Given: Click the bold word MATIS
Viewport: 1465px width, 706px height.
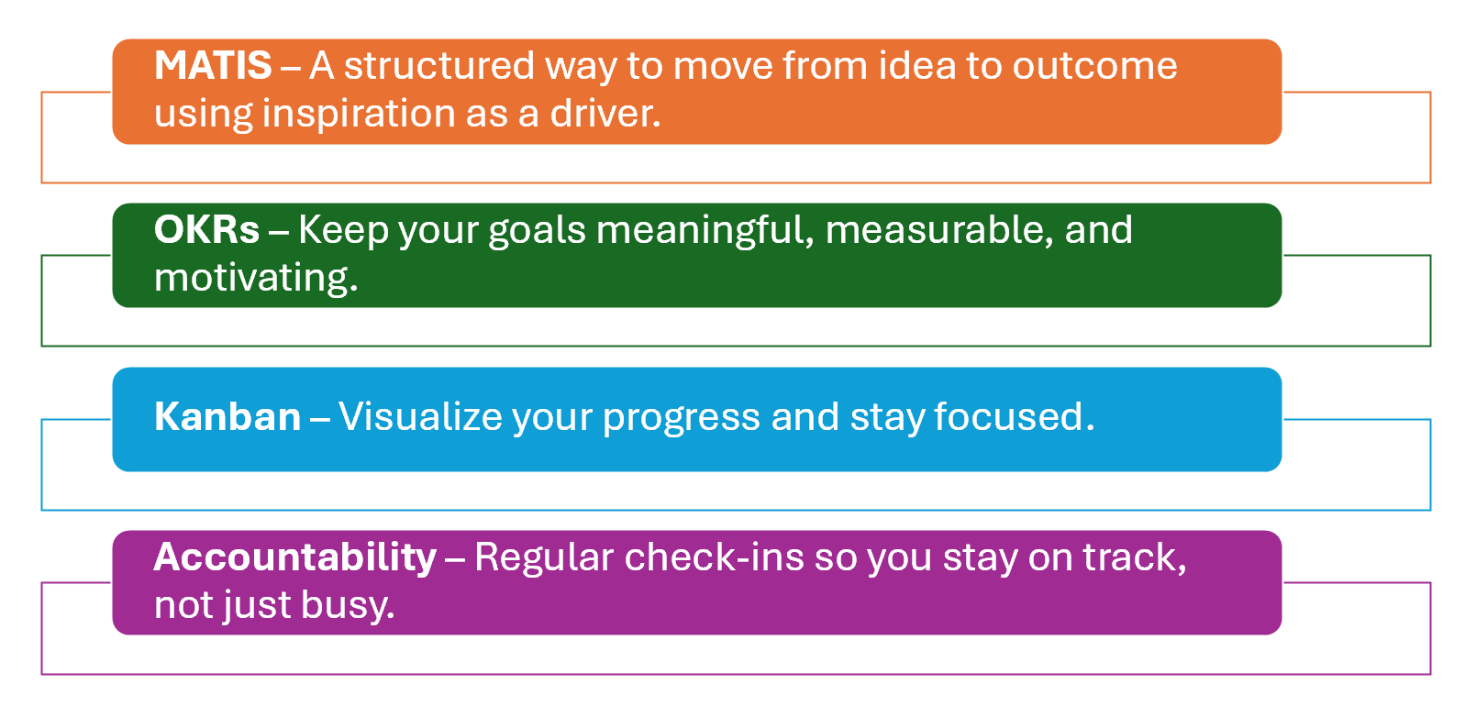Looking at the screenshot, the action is pyautogui.click(x=213, y=65).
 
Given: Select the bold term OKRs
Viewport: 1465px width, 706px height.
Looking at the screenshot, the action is pyautogui.click(x=206, y=229).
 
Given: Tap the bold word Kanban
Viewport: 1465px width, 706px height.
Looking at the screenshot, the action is pyautogui.click(x=228, y=416).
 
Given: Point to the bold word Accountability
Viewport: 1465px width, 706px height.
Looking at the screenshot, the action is pyautogui.click(x=295, y=557).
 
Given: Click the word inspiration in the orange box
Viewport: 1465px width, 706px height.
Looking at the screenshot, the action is pyautogui.click(x=358, y=114).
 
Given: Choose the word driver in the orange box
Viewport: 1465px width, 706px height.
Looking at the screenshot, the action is pyautogui.click(x=605, y=113).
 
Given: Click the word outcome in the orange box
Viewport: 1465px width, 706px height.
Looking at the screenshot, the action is pyautogui.click(x=1094, y=67).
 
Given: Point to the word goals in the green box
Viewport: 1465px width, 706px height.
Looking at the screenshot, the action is pyautogui.click(x=537, y=232).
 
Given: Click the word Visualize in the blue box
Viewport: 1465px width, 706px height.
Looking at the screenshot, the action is pyautogui.click(x=420, y=416).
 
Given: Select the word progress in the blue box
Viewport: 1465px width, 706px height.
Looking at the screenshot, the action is pyautogui.click(x=681, y=419).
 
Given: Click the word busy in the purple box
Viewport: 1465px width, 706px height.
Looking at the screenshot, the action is pyautogui.click(x=348, y=605).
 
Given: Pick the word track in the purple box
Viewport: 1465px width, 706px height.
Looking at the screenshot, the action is pyautogui.click(x=1134, y=558).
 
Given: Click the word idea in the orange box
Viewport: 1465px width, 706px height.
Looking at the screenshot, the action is pyautogui.click(x=917, y=65).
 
